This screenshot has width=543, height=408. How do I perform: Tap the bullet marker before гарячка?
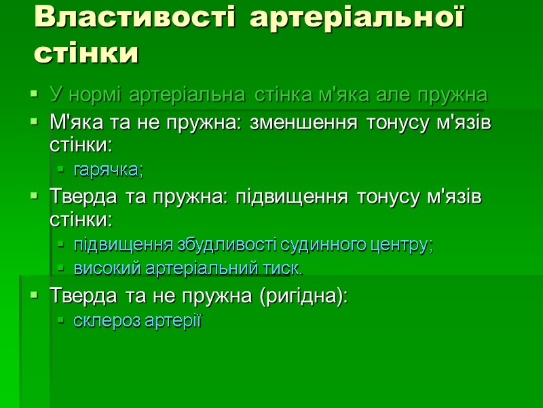[x=60, y=169]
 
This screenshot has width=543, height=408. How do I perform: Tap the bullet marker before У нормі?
[x=34, y=95]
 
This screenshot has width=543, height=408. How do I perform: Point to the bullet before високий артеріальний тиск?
[x=60, y=269]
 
